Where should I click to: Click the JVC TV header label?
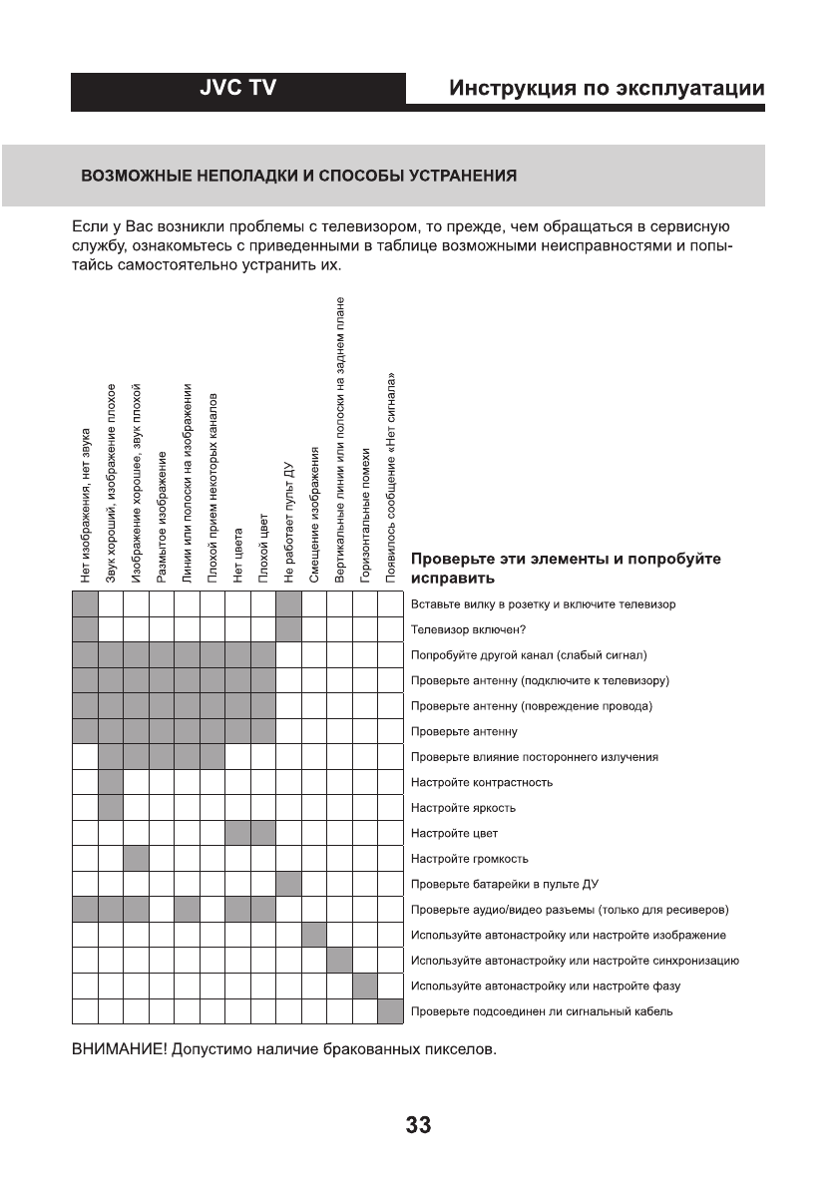pos(237,90)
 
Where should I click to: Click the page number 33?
pos(418,1126)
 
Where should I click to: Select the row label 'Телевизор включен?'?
pos(469,629)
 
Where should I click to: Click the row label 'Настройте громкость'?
pos(469,859)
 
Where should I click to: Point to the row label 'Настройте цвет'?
pos(454,833)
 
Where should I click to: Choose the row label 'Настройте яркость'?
pos(463,808)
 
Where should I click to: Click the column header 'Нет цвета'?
pos(237,555)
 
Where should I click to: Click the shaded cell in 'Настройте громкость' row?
pos(136,859)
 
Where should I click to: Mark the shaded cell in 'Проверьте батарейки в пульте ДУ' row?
pos(288,884)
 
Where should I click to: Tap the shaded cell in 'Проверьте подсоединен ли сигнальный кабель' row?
pos(390,1011)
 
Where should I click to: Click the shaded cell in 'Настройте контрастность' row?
pos(111,782)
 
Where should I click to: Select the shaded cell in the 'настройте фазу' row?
pos(365,987)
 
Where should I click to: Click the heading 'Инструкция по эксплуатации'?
pos(607,89)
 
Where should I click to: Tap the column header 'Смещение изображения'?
pos(314,516)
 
